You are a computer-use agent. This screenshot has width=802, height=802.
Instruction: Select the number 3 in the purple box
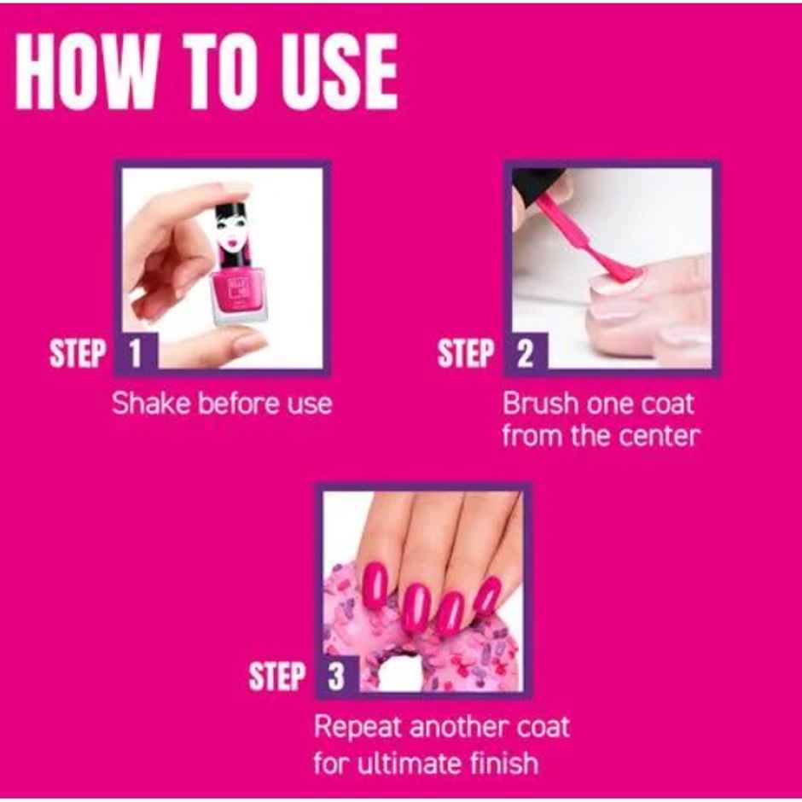pos(336,677)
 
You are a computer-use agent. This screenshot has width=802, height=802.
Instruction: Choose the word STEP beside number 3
pos(277,677)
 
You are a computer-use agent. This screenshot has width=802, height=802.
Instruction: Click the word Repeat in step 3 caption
pos(357,728)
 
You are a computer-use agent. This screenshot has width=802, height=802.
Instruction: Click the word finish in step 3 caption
pos(503,762)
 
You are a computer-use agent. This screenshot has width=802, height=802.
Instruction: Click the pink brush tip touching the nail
pos(619,271)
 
